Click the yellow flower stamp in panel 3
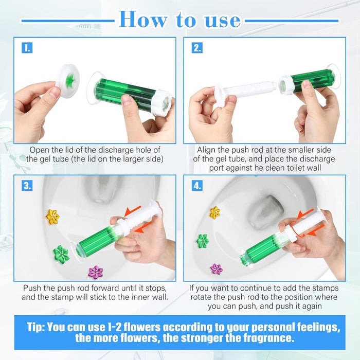pyautogui.click(x=52, y=217)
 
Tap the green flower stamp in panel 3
pyautogui.click(x=61, y=253)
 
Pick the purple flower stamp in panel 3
pyautogui.click(x=96, y=272)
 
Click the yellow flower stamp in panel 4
pyautogui.click(x=214, y=212)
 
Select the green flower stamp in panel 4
pyautogui.click(x=203, y=240)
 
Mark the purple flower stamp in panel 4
pyautogui.click(x=217, y=268)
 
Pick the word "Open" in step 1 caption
pyautogui.click(x=40, y=150)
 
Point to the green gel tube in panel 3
pyautogui.click(x=95, y=242)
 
